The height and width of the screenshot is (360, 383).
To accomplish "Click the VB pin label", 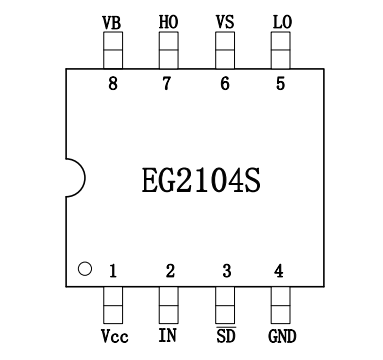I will pos(113,21).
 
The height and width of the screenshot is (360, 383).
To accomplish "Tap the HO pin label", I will pos(168,21).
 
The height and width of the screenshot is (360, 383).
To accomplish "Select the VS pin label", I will pos(225,21).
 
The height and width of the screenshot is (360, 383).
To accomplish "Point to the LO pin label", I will pos(280,21).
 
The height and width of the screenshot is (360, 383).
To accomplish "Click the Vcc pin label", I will pos(113,334).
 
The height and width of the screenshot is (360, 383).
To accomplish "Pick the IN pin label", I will pos(168,334).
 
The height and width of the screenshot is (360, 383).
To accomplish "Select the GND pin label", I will pos(281,334).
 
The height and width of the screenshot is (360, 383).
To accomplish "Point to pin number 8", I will pos(113,84).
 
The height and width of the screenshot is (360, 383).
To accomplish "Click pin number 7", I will pos(168,84).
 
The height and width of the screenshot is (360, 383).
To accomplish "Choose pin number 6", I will pos(225,84).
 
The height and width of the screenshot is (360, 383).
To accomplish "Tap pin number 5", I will pos(280,84).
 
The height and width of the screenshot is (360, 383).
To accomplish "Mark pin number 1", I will pos(113,270).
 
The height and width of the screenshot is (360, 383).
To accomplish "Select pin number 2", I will pos(169,270).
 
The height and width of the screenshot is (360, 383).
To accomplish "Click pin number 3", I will pos(225,270).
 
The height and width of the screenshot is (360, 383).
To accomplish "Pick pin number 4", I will pos(280,270).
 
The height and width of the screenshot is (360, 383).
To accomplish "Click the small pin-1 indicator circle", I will pos(85,268).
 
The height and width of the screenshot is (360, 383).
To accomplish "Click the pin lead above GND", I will pos(281,303).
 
